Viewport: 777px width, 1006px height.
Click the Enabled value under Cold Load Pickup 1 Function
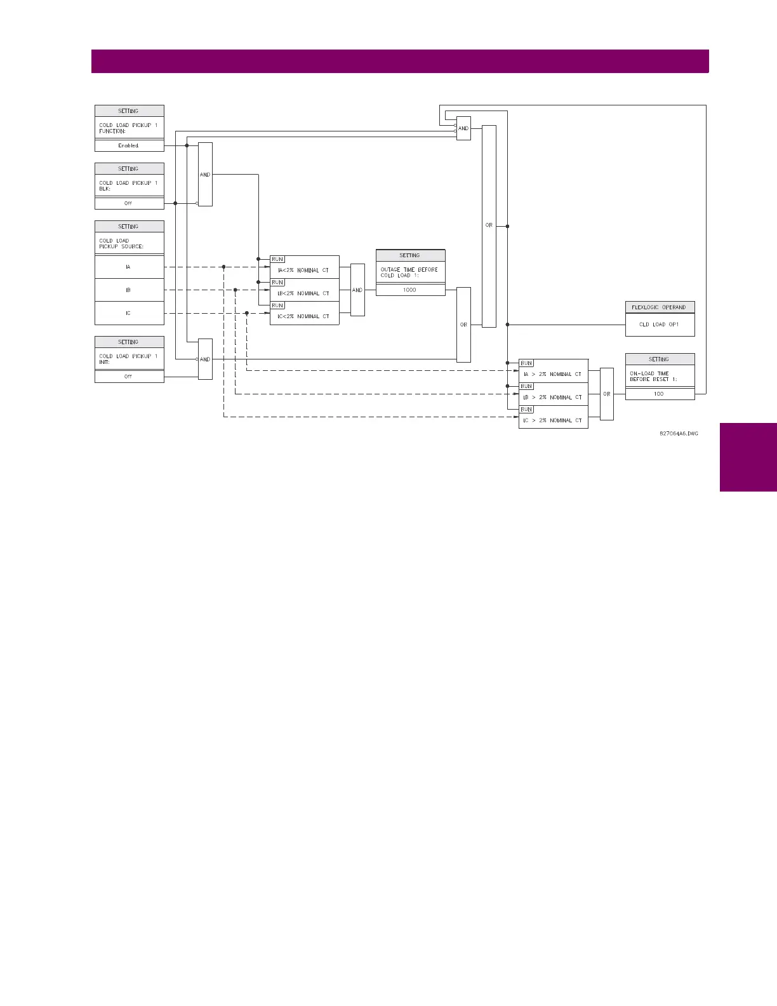tap(129, 145)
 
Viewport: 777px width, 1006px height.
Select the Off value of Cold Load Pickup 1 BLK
tap(129, 203)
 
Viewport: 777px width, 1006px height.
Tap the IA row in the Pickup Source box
tap(129, 267)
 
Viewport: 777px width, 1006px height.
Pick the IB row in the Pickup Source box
tap(129, 290)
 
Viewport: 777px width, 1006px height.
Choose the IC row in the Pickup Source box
tap(129, 313)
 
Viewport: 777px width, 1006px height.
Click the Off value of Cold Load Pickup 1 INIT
tap(129, 377)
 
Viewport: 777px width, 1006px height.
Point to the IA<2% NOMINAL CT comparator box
tap(304, 271)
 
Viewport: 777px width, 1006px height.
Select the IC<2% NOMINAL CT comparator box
tap(304, 316)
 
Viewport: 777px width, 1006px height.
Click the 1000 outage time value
tap(410, 290)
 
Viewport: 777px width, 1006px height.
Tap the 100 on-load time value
tap(660, 394)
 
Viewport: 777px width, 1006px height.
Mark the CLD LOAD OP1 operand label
tap(660, 325)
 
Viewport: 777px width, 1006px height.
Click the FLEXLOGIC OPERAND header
tap(660, 307)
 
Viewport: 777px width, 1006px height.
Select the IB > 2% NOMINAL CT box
tap(553, 398)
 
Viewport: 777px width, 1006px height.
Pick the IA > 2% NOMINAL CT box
tap(553, 374)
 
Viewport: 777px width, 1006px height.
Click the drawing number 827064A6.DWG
tap(679, 434)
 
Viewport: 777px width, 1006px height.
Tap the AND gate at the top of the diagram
tap(463, 128)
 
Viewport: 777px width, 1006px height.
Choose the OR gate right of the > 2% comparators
tap(607, 394)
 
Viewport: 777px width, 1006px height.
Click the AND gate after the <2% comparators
tap(357, 290)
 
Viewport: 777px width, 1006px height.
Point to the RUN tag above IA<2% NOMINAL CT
tap(277, 259)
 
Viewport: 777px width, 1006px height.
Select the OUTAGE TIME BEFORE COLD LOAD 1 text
tap(409, 272)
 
